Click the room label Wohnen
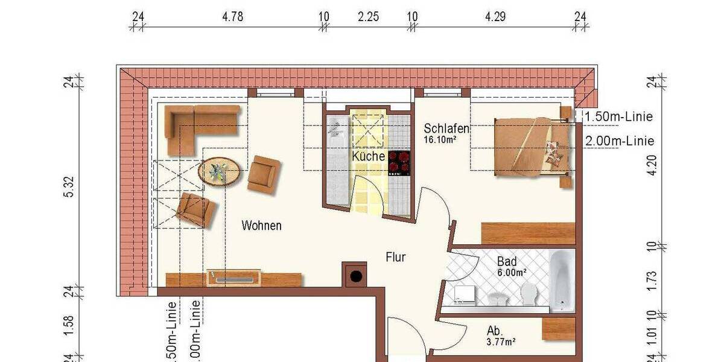(x=262, y=226)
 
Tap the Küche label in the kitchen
(x=369, y=156)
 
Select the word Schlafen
(x=446, y=129)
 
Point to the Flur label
(x=396, y=258)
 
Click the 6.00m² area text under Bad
(x=512, y=272)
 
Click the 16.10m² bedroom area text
(x=439, y=139)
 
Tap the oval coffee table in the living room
(x=218, y=171)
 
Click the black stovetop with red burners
(x=399, y=162)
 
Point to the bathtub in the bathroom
(x=562, y=281)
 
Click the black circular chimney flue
(x=356, y=277)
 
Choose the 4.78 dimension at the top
(x=232, y=17)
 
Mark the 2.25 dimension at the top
(x=368, y=17)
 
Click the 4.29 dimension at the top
(x=495, y=17)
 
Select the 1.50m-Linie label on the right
(x=619, y=117)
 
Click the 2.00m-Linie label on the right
(x=620, y=141)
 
